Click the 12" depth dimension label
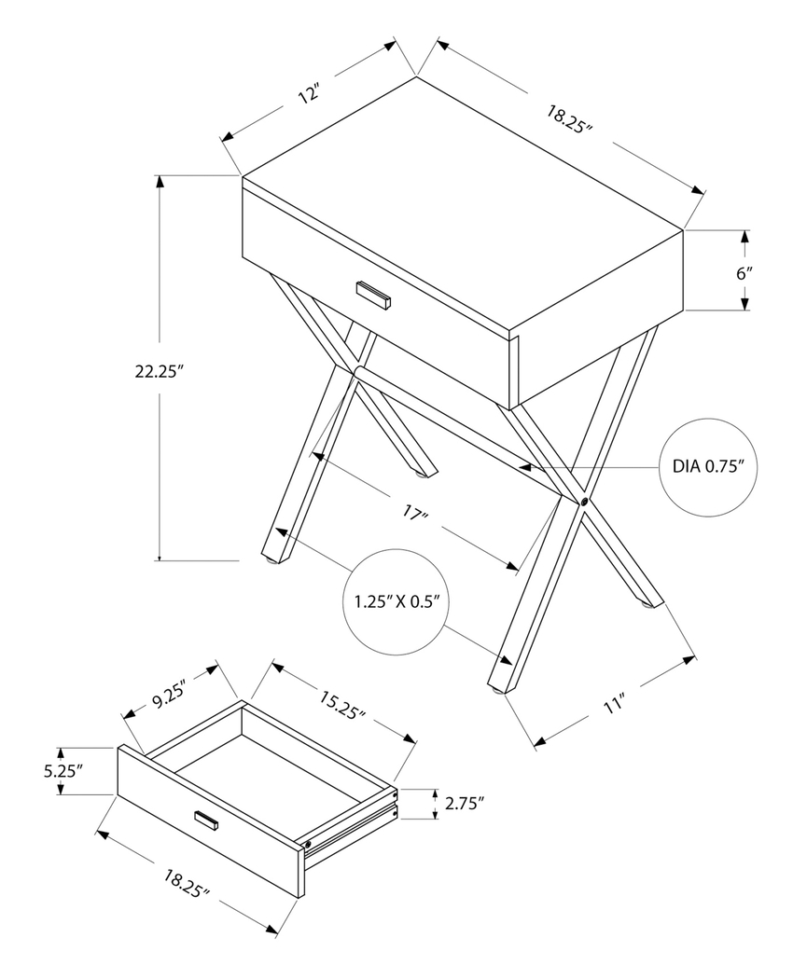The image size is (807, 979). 310,93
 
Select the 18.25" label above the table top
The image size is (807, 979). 570,120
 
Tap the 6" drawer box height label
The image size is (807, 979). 744,273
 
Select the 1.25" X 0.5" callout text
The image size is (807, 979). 397,601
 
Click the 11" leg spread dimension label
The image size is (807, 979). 613,705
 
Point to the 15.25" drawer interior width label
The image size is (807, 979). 342,705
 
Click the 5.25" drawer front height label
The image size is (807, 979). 62,771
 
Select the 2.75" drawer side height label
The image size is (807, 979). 464,803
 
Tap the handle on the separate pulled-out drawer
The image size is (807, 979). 206,820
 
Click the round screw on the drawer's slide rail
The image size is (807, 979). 307,845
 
